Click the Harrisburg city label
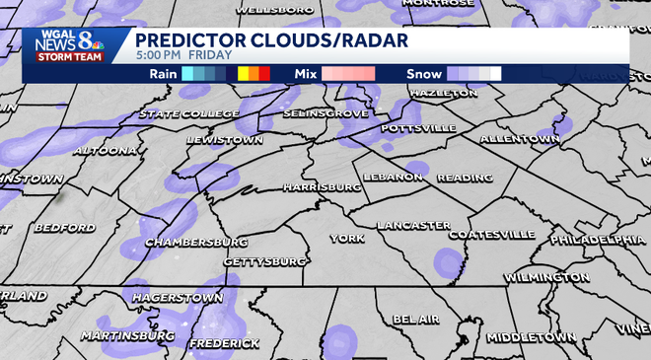[x=322, y=186]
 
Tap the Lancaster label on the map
[x=413, y=226]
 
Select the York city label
[x=347, y=239]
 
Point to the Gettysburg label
[x=264, y=262]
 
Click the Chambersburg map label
[x=196, y=242]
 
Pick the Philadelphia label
[x=598, y=239]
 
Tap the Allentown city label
[x=520, y=140]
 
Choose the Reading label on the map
[x=464, y=178]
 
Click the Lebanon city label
[x=392, y=177]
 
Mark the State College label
[x=187, y=114]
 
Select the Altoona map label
[x=105, y=151]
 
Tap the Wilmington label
[x=546, y=278]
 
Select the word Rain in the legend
[x=164, y=74]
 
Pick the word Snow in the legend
[x=423, y=74]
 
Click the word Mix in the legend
[x=305, y=74]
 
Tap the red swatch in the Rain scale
[x=263, y=74]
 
